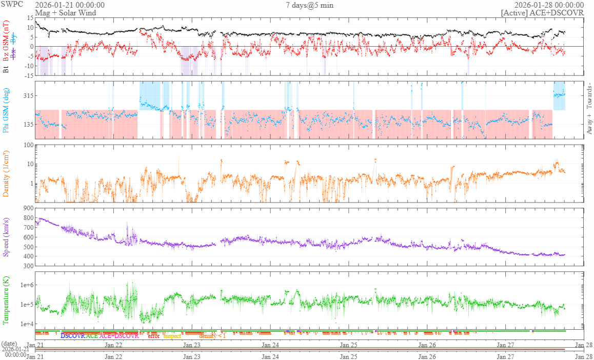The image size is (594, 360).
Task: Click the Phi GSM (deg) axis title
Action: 7,111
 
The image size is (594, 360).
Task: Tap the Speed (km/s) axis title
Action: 7,237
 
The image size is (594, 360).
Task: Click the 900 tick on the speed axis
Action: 27,208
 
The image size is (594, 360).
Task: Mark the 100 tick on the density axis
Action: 27,145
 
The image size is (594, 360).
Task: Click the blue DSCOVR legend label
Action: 72,336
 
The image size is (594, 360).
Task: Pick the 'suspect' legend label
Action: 172,336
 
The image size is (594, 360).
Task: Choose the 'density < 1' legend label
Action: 212,336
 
